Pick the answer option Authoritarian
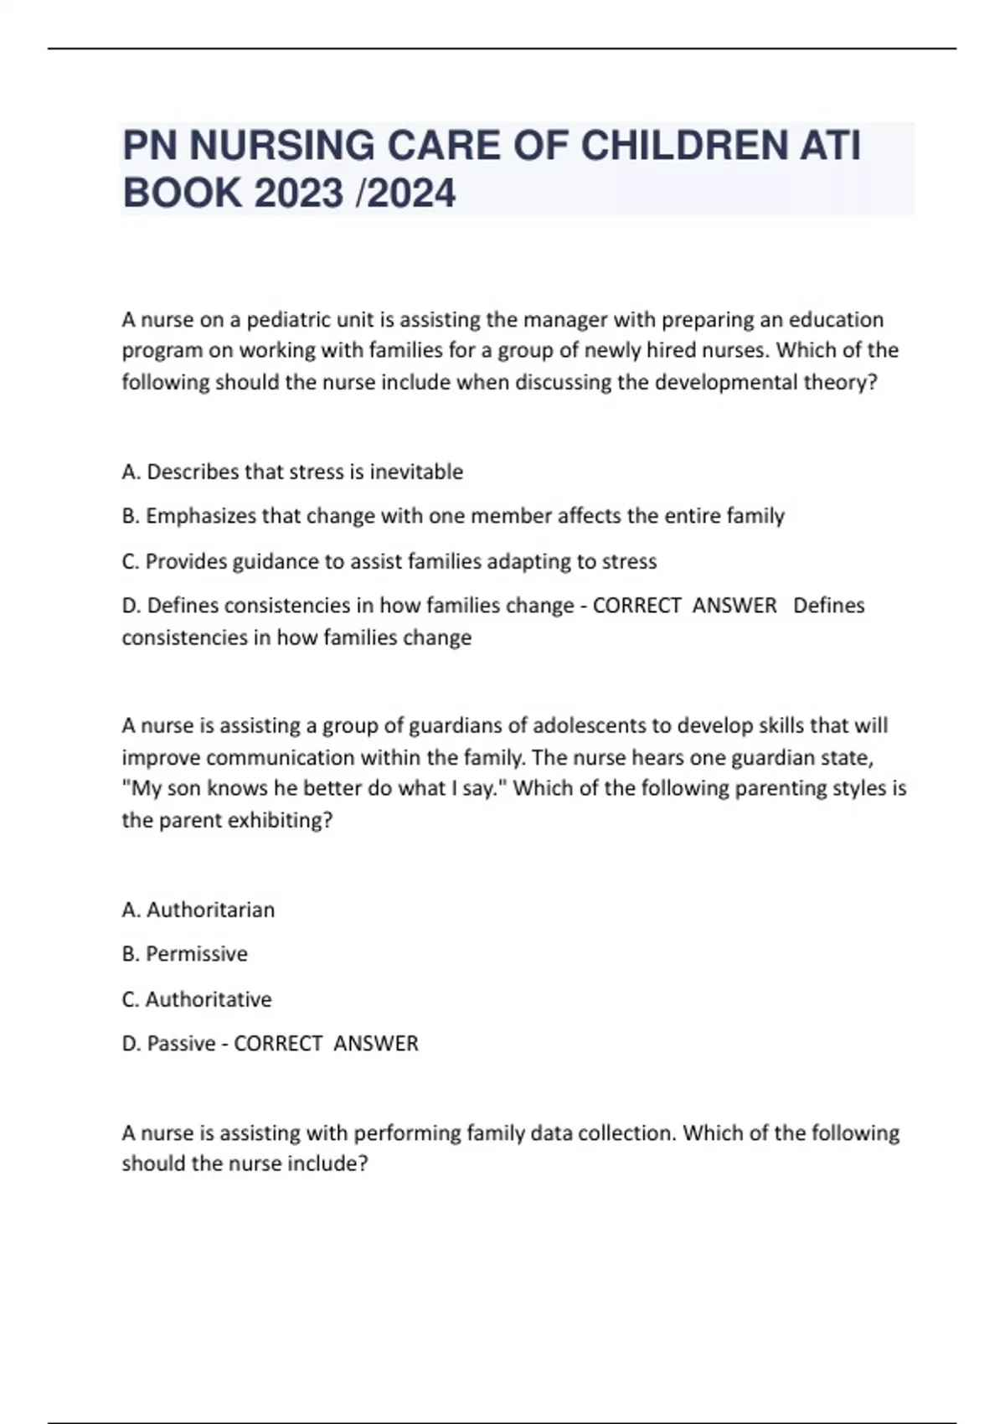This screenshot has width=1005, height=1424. (x=210, y=910)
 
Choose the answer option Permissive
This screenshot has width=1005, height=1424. (x=197, y=954)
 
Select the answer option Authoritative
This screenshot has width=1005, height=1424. (x=209, y=999)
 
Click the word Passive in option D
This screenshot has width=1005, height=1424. (x=181, y=1044)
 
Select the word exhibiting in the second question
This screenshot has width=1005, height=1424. (x=282, y=820)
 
